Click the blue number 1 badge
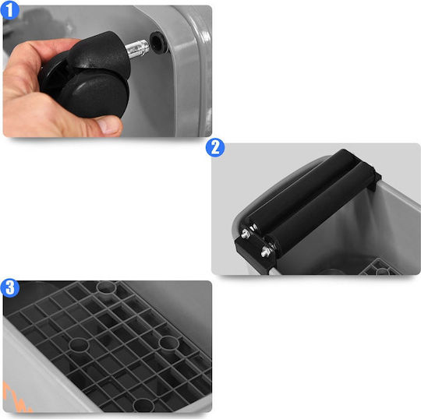tap(9, 10)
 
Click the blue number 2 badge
tap(215, 148)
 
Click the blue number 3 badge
tap(10, 288)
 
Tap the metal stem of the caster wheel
tap(137, 48)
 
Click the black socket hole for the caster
tap(159, 42)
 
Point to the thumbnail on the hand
tap(110, 125)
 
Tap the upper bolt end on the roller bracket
tap(246, 234)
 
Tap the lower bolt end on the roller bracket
tap(266, 252)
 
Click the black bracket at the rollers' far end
tap(375, 180)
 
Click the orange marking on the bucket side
tap(16, 397)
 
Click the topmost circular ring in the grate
tap(106, 287)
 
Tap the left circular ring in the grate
tap(79, 345)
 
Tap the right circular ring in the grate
tap(168, 343)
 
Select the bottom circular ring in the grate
tap(143, 405)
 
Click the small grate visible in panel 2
tap(379, 268)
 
